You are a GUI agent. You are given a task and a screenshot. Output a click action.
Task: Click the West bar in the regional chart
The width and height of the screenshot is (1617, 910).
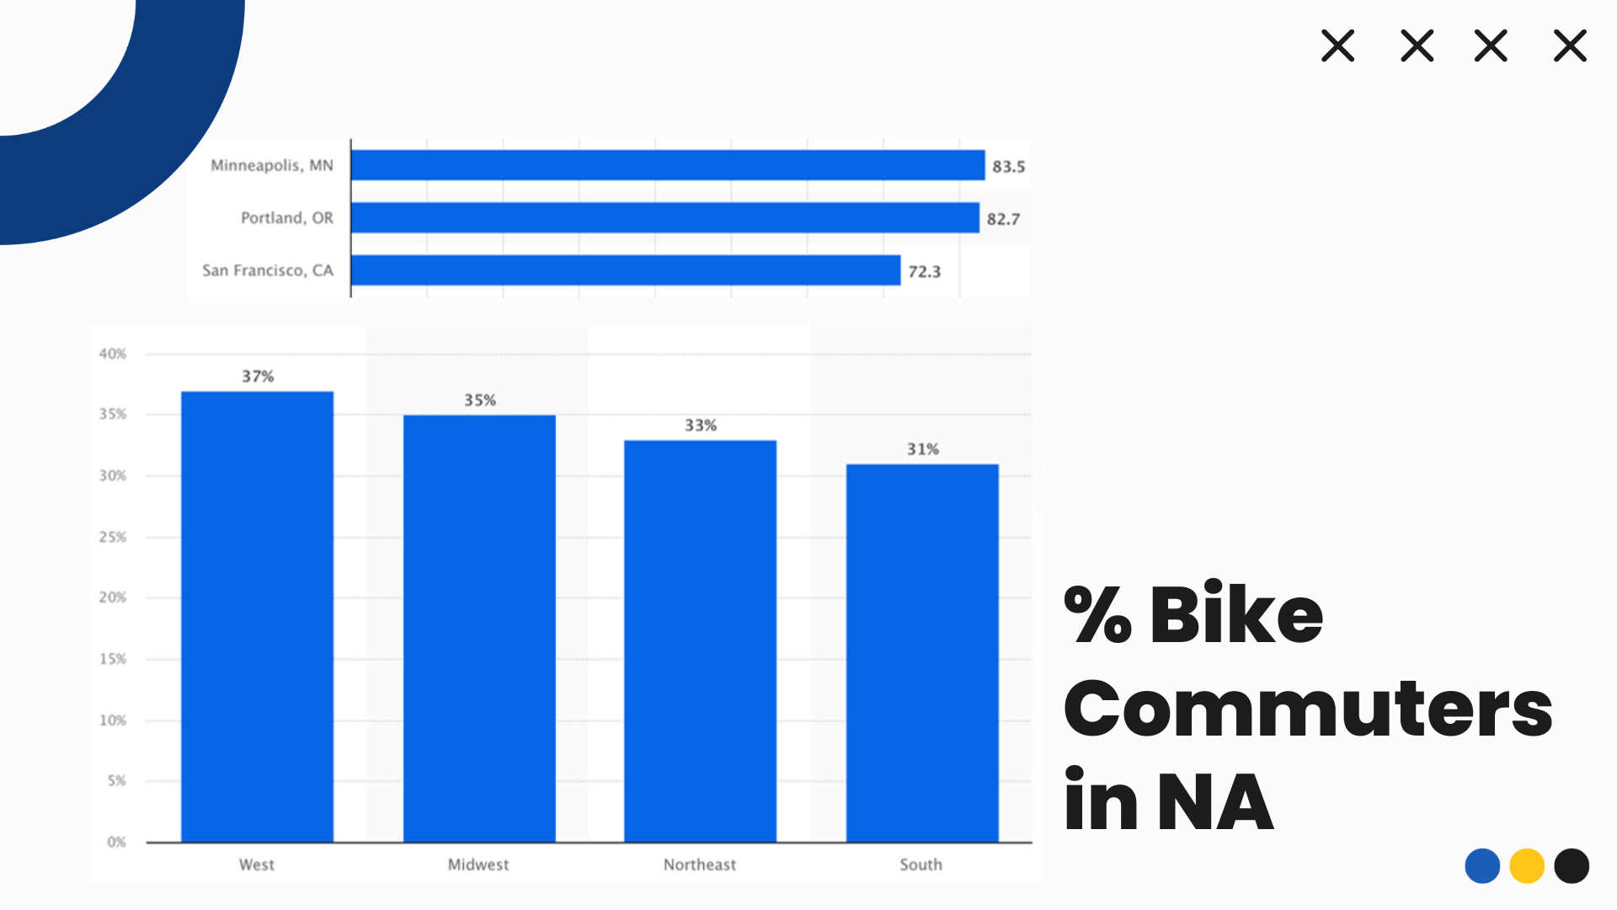click(x=257, y=616)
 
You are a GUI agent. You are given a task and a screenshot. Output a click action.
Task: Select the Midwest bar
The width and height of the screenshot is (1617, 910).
click(x=479, y=628)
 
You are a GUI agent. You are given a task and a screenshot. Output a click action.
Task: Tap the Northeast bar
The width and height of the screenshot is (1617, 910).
click(x=700, y=640)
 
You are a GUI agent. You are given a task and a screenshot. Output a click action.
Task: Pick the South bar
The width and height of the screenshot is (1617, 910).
click(x=922, y=652)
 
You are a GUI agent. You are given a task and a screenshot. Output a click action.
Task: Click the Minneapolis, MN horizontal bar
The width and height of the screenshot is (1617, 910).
click(x=667, y=165)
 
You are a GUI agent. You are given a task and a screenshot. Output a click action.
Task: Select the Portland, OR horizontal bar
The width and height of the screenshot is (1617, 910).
click(x=664, y=217)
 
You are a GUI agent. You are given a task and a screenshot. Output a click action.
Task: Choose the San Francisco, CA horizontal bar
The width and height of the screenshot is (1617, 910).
click(x=625, y=270)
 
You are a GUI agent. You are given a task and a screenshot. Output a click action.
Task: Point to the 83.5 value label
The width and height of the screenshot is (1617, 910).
click(x=1008, y=167)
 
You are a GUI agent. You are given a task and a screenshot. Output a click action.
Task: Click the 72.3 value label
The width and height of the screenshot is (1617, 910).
click(x=924, y=272)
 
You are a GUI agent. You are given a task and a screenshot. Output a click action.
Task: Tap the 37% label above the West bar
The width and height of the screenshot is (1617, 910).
click(x=258, y=377)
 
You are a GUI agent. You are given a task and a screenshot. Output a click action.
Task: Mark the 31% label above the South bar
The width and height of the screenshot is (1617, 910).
click(x=922, y=449)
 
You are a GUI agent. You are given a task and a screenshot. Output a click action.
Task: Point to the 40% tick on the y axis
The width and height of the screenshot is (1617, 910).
click(x=113, y=354)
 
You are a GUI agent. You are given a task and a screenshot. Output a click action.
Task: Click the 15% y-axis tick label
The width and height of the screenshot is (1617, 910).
click(x=113, y=659)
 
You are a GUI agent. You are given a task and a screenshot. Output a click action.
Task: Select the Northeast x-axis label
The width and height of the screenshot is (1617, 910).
click(x=699, y=864)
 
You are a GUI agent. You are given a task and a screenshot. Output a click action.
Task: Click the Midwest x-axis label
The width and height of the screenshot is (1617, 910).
click(x=478, y=864)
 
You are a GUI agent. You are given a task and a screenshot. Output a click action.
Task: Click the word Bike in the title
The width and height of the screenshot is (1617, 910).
click(x=1235, y=615)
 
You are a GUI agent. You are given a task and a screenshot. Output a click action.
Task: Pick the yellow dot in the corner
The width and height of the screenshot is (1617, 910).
click(x=1526, y=866)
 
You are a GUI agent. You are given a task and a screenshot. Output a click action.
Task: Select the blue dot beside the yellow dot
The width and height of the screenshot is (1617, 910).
click(x=1482, y=866)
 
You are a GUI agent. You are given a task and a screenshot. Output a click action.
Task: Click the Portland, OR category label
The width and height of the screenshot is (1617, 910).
click(x=287, y=218)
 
